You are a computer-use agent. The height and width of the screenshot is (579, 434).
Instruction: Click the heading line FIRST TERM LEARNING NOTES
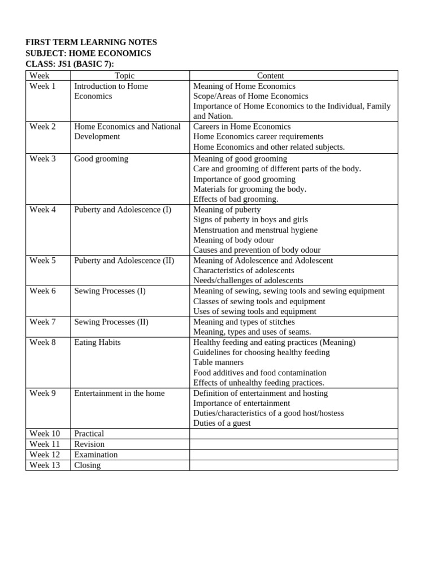(91, 42)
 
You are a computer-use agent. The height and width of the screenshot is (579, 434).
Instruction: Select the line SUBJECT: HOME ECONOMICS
(88, 53)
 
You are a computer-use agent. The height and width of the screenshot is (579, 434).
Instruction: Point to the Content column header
(270, 75)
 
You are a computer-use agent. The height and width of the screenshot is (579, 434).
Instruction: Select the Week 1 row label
(43, 86)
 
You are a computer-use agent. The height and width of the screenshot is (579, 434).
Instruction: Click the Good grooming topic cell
(101, 158)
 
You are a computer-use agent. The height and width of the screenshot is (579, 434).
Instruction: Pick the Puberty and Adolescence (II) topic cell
(124, 260)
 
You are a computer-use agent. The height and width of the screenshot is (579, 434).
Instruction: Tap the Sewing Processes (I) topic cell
(110, 291)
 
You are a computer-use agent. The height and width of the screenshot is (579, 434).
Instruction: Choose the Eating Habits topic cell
(97, 342)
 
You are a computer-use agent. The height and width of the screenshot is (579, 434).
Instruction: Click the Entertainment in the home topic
(119, 393)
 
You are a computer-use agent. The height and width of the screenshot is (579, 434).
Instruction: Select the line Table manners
(218, 362)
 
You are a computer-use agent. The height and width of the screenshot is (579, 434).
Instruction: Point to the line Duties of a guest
(222, 423)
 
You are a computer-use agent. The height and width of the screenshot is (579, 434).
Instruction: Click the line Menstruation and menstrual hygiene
(255, 230)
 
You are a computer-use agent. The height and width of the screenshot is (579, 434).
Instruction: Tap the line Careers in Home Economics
(242, 126)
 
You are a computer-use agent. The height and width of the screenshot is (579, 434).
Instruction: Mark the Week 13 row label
(45, 465)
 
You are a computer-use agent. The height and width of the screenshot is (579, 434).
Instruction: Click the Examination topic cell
(96, 454)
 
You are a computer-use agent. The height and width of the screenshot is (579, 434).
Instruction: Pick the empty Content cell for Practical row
(293, 434)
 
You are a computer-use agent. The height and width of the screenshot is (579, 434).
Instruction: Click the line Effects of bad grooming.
(236, 199)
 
